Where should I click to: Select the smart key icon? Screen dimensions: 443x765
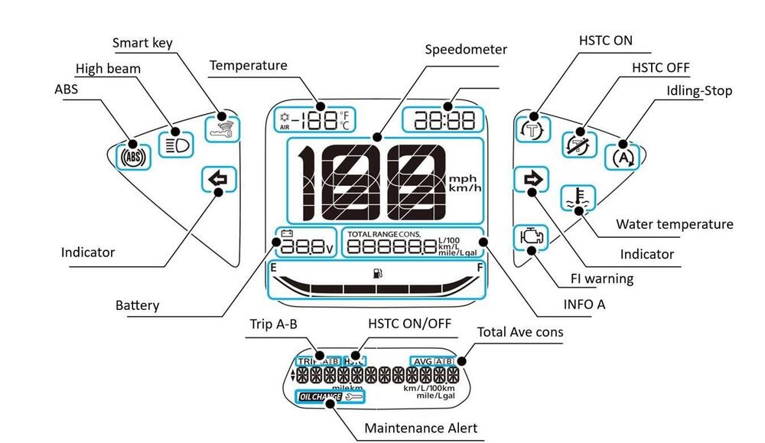click(x=223, y=129)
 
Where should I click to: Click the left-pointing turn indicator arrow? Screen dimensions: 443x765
click(x=217, y=180)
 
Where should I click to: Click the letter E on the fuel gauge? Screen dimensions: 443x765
click(x=273, y=268)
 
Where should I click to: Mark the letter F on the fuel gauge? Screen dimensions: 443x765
click(x=479, y=268)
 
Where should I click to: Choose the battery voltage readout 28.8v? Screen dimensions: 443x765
click(x=305, y=246)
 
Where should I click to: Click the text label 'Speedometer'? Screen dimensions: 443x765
click(x=465, y=50)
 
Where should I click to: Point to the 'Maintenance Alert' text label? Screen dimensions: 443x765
click(x=421, y=428)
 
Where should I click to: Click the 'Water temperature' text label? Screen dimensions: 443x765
click(x=674, y=224)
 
